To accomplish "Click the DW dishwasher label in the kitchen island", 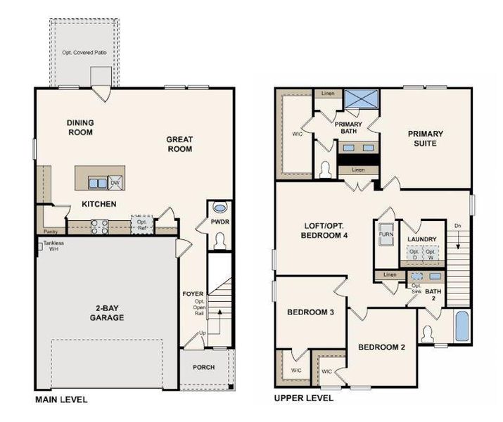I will pos(115,182).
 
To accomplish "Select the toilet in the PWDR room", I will pos(219,241).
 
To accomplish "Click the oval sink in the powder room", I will pos(219,209).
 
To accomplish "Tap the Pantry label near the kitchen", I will pos(50,231).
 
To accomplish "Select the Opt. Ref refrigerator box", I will pos(141,224).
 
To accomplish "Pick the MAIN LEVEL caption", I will pos(61,399).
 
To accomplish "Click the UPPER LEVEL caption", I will pos(303,398).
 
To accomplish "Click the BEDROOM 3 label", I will pos(310,312).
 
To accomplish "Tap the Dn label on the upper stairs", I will pos(458,225).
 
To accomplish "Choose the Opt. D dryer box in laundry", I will pos(415,254).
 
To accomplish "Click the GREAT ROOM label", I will pos(179,144).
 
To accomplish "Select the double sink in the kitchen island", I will pos(98,183).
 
